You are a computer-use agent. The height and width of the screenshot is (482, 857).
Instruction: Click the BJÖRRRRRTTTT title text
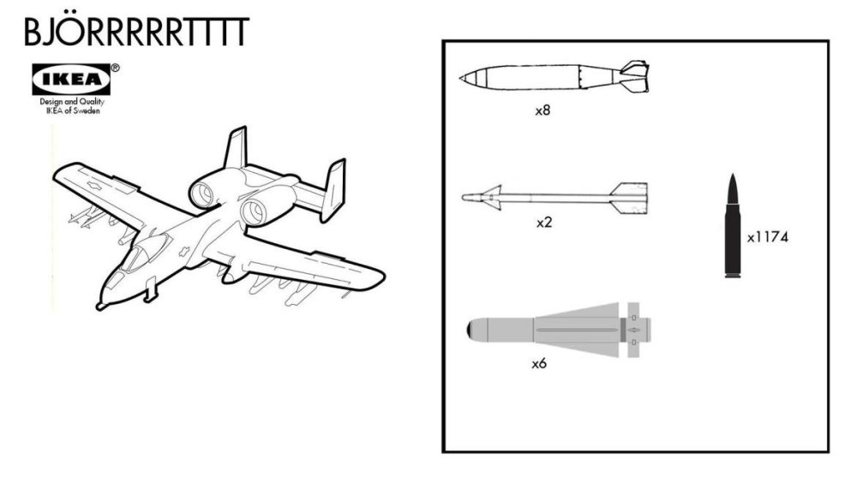point(136,32)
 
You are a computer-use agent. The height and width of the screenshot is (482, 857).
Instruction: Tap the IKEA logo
point(71,80)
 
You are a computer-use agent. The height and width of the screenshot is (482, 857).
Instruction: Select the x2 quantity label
point(543,223)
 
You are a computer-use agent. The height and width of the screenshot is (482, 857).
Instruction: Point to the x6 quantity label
point(539,364)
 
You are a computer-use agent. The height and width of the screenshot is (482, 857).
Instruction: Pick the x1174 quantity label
point(767,237)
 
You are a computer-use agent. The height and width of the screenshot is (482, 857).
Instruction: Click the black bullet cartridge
point(733,226)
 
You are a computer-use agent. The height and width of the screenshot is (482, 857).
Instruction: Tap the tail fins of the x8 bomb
point(633,76)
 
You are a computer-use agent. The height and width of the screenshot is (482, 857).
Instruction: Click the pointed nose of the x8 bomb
point(464,79)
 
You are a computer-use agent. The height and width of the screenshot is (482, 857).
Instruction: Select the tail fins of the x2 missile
point(630,196)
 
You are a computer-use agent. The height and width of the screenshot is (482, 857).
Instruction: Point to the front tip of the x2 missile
point(465,198)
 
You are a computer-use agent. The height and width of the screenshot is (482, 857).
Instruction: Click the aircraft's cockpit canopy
point(142,252)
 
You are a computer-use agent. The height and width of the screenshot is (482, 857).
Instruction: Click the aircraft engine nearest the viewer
point(256,211)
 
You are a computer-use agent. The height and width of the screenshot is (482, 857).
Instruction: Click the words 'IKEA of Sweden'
point(72,110)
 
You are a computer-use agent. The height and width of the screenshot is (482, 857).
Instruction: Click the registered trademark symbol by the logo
point(116,68)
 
